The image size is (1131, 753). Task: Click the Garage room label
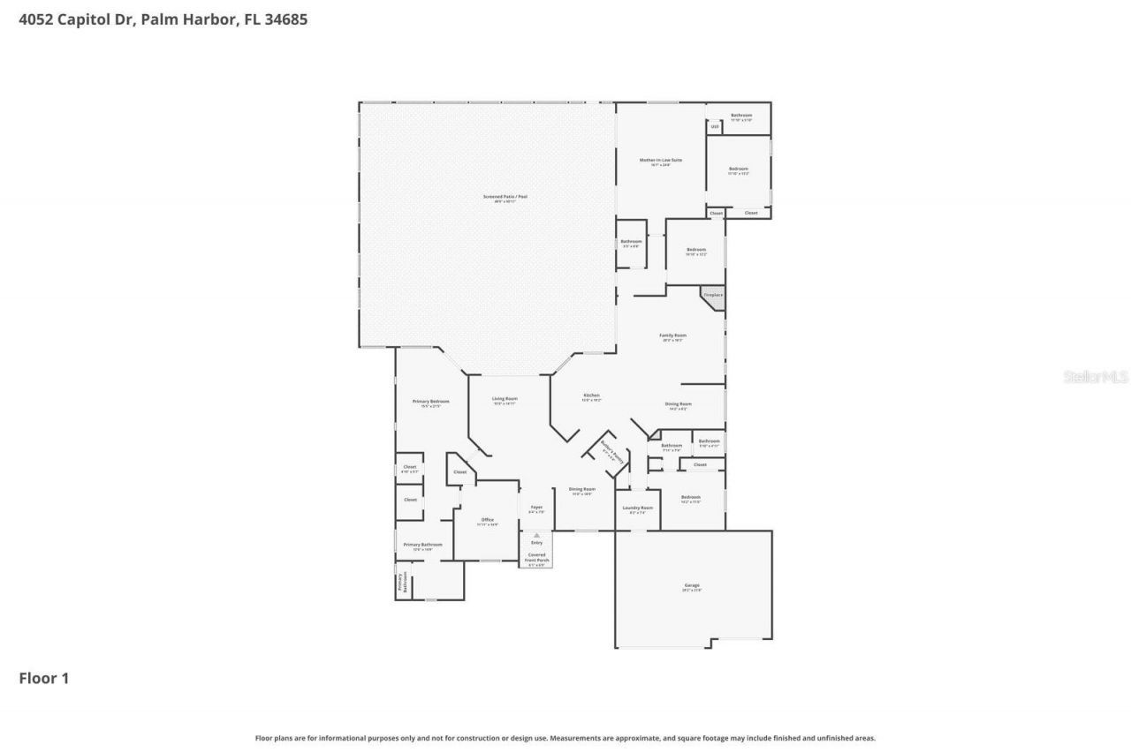[692, 587]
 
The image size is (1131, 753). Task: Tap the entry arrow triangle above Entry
[536, 535]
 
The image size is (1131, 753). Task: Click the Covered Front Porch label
[537, 557]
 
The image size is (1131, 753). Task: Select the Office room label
[488, 521]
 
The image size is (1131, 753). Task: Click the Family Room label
[673, 336]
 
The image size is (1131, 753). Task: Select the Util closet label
[715, 127]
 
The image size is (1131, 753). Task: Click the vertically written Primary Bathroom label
[402, 582]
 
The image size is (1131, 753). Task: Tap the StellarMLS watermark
[1096, 377]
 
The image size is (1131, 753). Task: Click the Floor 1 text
[44, 678]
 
